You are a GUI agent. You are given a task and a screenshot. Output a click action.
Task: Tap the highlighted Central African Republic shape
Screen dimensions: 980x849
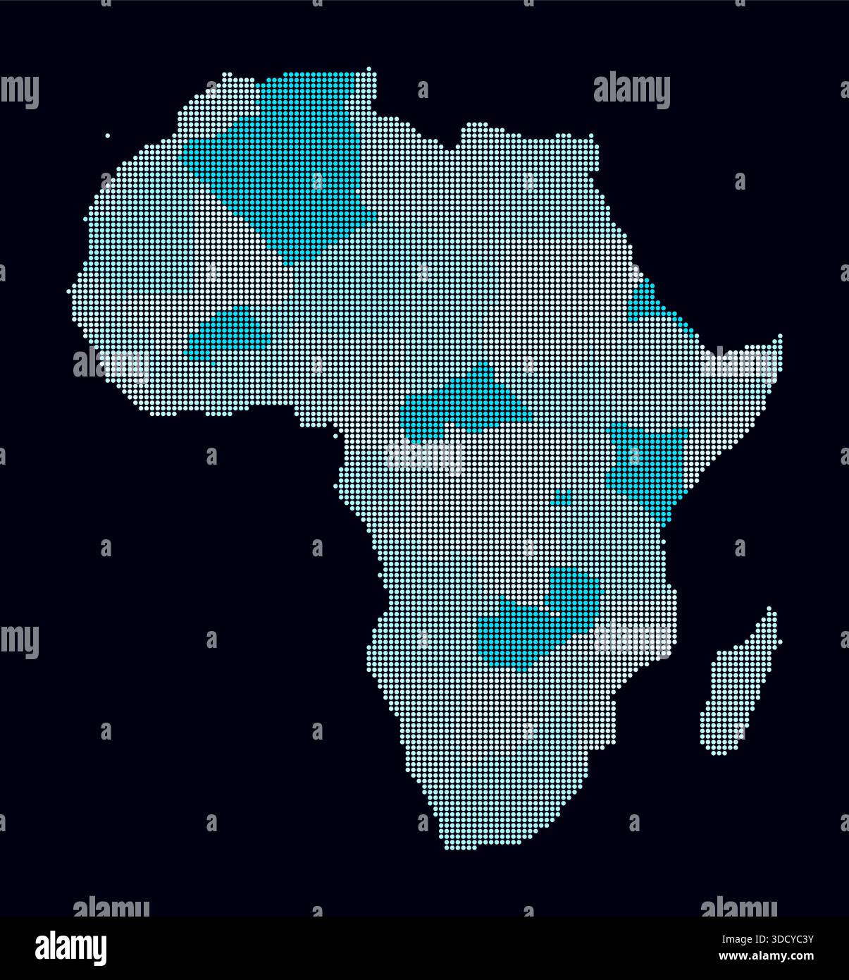tap(465, 405)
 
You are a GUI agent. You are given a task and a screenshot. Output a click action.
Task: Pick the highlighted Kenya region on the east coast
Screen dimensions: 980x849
tap(648, 465)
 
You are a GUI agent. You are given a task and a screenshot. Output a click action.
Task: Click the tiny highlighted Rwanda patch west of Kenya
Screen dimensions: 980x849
tap(563, 498)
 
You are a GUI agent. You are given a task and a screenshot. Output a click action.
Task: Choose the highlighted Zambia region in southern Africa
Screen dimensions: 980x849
tap(543, 620)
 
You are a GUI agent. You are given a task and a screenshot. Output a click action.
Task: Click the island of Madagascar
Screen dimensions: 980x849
tap(736, 684)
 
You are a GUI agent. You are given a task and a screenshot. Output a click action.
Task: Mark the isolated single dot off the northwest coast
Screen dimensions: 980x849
tap(107, 135)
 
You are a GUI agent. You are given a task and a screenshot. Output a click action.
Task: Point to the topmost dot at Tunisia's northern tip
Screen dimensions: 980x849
tap(369, 69)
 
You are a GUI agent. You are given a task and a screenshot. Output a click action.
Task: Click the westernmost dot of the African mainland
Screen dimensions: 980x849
tap(69, 290)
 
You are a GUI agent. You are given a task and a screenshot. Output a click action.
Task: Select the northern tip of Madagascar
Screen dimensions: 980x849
tap(769, 608)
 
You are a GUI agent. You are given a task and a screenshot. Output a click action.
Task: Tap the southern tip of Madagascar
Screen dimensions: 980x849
tap(719, 753)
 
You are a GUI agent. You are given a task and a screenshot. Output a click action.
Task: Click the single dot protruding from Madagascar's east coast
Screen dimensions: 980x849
tap(780, 642)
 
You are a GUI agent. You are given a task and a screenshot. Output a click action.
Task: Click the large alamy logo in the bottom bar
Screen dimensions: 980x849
tap(71, 948)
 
